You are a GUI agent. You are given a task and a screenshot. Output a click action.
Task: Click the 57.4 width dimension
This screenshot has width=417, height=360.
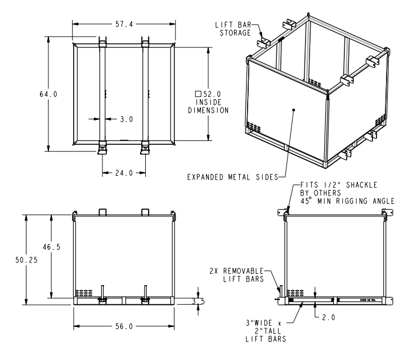point(124,24)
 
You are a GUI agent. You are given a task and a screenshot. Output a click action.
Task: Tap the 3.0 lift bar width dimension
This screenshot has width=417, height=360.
point(125,119)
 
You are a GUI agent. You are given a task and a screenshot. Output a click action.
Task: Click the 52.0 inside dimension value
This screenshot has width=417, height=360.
point(212,94)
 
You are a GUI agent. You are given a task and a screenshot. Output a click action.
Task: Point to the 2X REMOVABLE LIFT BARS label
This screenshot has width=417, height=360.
point(246,274)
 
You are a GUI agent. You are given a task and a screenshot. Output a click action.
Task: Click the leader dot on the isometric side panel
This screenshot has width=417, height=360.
point(294,110)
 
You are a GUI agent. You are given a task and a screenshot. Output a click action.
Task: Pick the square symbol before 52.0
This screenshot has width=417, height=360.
point(198,94)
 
